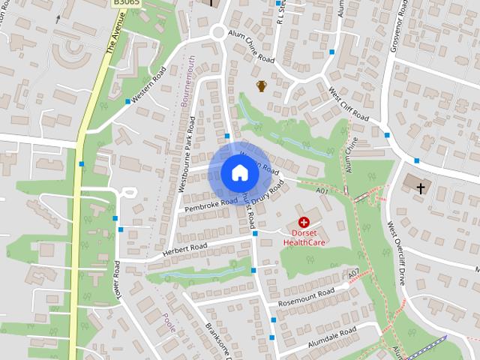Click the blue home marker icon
[x=239, y=172]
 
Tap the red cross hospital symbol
[x=304, y=222]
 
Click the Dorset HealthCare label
[x=304, y=237]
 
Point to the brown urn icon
[x=262, y=86]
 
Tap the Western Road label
[x=148, y=88]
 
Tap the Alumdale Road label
[x=326, y=339]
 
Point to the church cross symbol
[x=421, y=187]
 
